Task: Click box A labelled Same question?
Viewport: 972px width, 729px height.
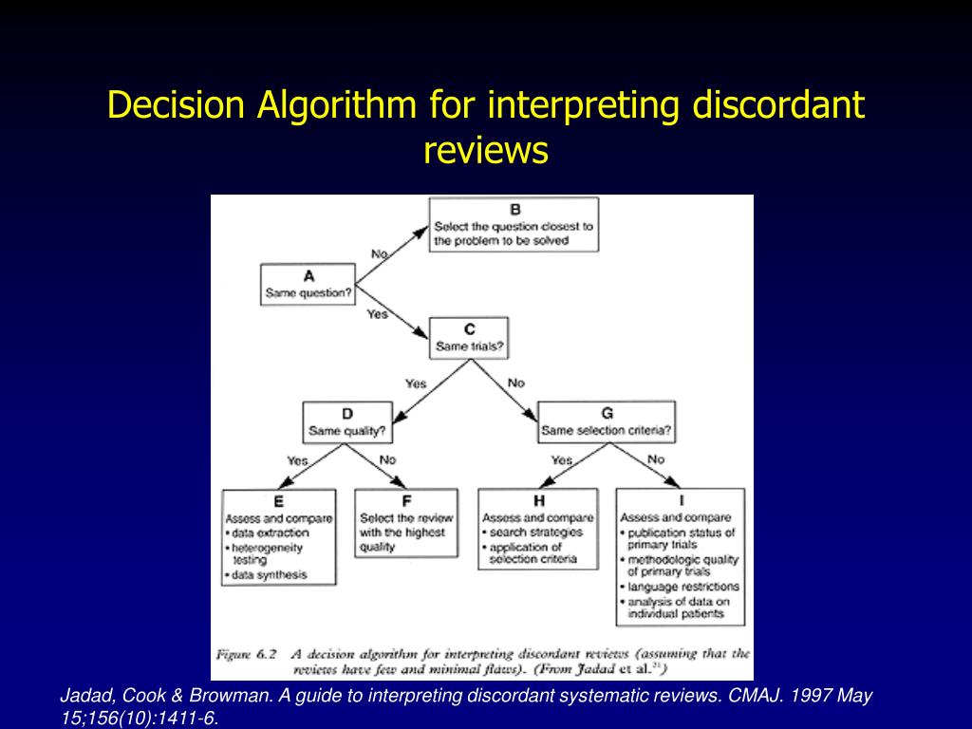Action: click(308, 285)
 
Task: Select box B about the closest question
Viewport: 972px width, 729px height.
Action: click(514, 225)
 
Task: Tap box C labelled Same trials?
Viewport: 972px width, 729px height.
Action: click(469, 338)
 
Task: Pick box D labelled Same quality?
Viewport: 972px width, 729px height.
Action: click(346, 422)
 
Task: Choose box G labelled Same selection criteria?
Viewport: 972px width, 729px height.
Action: click(607, 422)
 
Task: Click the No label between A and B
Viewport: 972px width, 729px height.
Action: click(380, 253)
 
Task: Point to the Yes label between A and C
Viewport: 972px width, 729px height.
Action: click(378, 314)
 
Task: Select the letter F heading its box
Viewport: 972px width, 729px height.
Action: click(406, 501)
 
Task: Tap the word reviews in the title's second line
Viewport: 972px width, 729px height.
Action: click(486, 149)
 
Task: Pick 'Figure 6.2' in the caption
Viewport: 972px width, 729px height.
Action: click(247, 654)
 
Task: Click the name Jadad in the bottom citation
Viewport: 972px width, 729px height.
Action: click(84, 696)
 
